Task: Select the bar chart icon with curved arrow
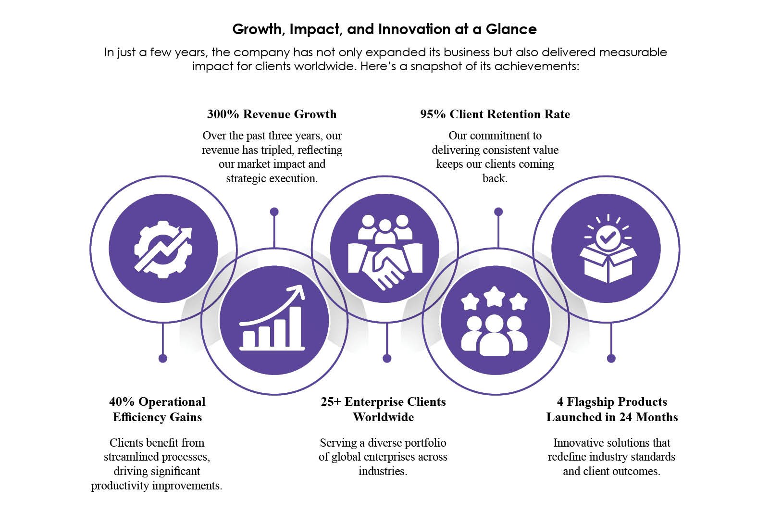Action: pyautogui.click(x=272, y=318)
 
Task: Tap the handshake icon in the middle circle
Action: pyautogui.click(x=385, y=252)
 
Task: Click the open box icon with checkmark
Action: pyautogui.click(x=608, y=249)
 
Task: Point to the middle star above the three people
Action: pyautogui.click(x=495, y=297)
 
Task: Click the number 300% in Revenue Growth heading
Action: pyautogui.click(x=223, y=114)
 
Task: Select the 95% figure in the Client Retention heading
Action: pyautogui.click(x=433, y=114)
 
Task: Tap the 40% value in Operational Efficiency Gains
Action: pyautogui.click(x=122, y=402)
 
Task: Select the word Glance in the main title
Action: pyautogui.click(x=511, y=29)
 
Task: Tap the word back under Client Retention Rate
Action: pyautogui.click(x=495, y=178)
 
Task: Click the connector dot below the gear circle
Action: pyautogui.click(x=163, y=359)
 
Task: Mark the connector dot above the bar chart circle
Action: pyautogui.click(x=274, y=212)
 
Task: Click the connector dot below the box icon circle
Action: pyautogui.click(x=611, y=359)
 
